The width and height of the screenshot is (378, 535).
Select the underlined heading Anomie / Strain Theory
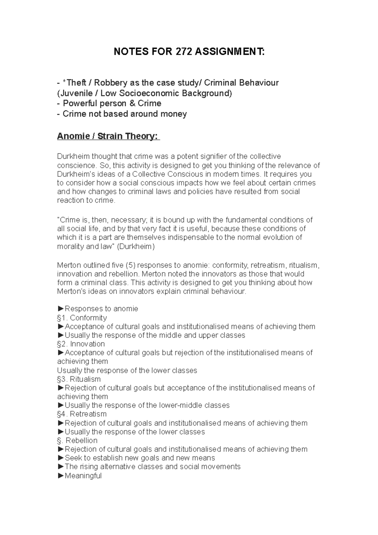point(108,136)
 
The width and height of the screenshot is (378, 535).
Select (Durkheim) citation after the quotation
point(136,247)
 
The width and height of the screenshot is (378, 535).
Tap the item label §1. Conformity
point(82,318)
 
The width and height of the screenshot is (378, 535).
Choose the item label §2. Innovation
point(81,344)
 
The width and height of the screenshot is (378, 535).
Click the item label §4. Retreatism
point(82,414)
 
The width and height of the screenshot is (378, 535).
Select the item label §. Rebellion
point(77,440)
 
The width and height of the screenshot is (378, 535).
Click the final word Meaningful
point(83,476)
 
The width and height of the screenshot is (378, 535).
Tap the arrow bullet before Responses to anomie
point(60,309)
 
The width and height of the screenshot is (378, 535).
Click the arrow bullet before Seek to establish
point(60,458)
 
